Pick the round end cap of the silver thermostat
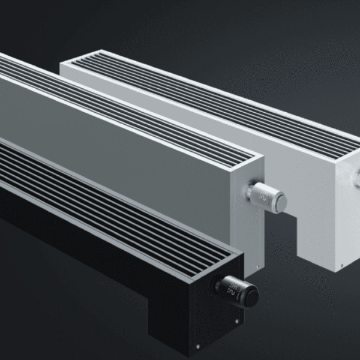click(279, 200)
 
